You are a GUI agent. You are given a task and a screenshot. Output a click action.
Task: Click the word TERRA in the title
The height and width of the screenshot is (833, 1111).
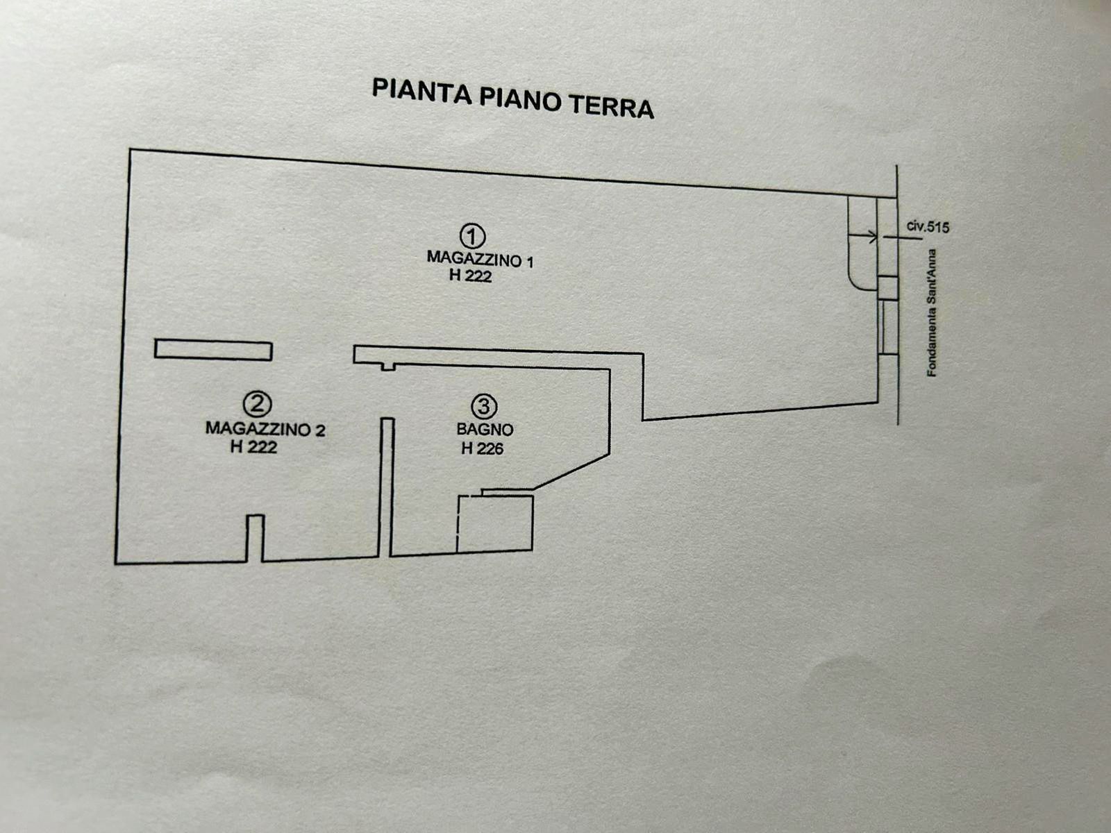coord(611,106)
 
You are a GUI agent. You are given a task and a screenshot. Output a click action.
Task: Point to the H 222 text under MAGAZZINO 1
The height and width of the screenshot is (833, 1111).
coord(470,276)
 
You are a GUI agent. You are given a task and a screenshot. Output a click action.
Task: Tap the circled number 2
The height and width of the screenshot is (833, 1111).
coord(257,403)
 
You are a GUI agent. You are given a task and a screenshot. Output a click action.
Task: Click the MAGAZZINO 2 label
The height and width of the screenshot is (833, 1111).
coord(265,428)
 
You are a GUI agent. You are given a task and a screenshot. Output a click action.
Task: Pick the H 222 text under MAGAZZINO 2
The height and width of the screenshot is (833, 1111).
coord(253,447)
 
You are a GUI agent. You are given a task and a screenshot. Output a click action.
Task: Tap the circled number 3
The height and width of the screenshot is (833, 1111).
coord(484,406)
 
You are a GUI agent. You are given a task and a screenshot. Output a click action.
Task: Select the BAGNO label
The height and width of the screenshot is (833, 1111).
coord(485,429)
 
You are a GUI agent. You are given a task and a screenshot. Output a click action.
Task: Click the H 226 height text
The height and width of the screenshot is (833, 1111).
coord(482,448)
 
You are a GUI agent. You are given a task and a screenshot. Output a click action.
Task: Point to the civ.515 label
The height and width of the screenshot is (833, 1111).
coord(928,227)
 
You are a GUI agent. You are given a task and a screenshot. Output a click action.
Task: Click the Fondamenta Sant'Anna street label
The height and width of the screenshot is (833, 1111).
coord(933,313)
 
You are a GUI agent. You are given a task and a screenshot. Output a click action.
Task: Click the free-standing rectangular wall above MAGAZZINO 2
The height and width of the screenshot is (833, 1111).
coord(213,350)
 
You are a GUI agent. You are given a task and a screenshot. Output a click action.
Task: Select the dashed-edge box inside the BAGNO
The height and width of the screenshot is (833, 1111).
coord(494,523)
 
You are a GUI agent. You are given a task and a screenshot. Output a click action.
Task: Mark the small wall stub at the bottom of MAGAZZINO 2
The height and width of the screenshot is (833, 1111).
coord(256,538)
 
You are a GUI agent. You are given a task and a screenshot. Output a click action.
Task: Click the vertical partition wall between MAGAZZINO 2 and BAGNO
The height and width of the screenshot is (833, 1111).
coord(387,486)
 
